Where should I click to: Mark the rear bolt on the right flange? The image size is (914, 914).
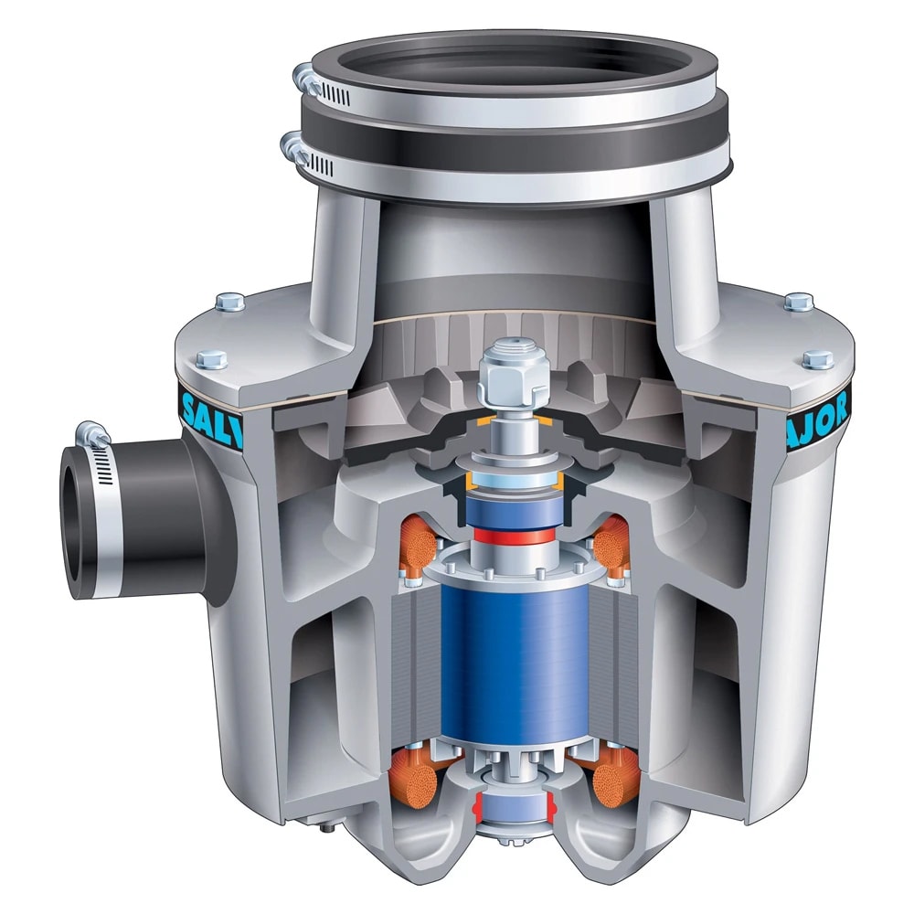pos(798,301)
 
